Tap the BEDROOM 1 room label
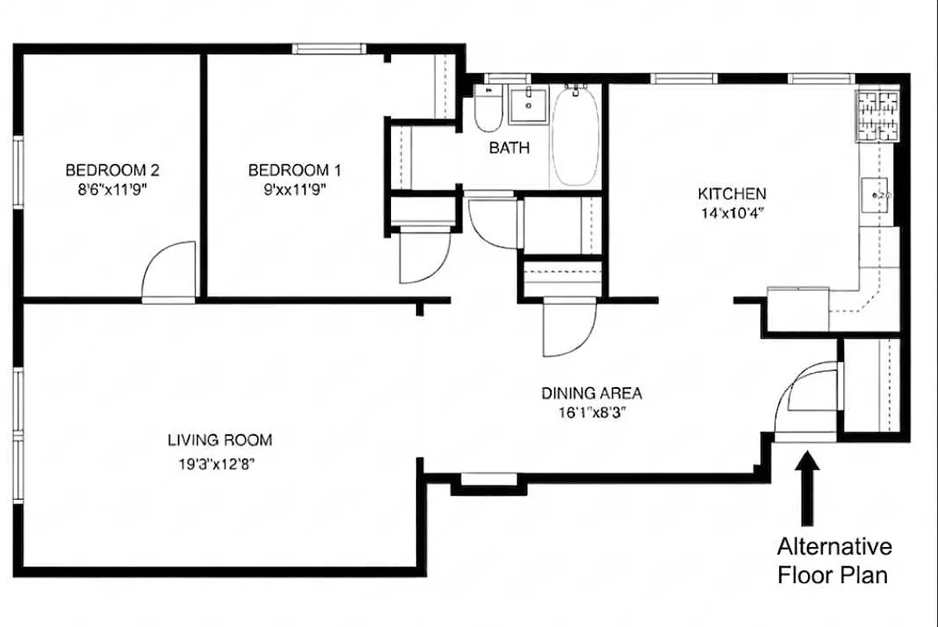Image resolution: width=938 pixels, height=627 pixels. click(x=295, y=169)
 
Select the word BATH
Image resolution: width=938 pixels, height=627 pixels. click(x=509, y=147)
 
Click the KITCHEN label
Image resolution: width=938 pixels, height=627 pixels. click(x=732, y=194)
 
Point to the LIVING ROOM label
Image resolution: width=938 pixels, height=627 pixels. click(x=219, y=440)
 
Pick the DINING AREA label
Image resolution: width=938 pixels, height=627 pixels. click(x=592, y=393)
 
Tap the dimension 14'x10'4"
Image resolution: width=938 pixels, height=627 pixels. click(x=731, y=212)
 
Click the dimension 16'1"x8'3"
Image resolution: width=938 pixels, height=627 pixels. click(x=592, y=414)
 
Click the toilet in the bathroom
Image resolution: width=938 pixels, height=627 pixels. click(x=488, y=112)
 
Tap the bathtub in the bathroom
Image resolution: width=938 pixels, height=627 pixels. click(x=576, y=137)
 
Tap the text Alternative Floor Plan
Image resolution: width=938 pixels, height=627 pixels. click(x=833, y=560)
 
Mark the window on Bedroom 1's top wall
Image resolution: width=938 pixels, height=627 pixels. click(x=329, y=49)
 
